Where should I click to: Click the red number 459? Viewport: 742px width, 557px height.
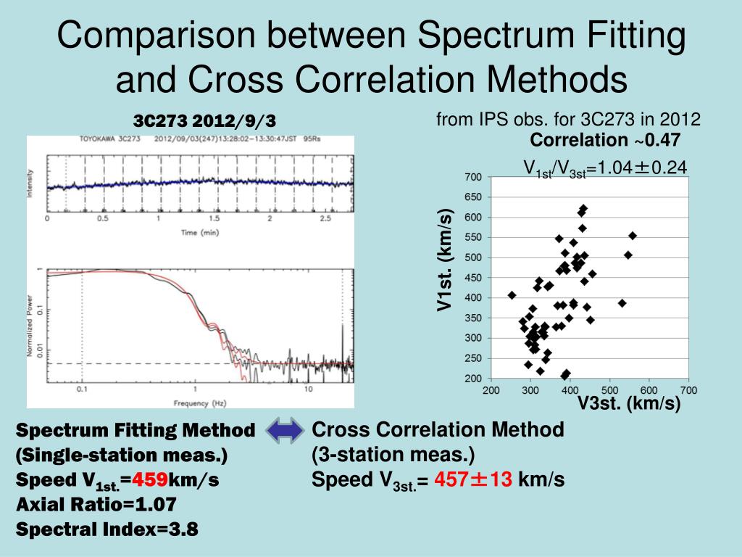(x=154, y=480)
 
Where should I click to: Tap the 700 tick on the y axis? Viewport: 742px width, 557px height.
(x=473, y=178)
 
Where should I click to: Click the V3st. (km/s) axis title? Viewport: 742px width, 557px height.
(x=628, y=404)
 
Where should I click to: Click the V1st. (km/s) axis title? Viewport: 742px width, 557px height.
(x=444, y=260)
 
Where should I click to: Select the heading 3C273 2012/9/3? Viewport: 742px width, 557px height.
(x=205, y=120)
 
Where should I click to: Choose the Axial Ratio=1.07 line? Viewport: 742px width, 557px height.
(x=96, y=505)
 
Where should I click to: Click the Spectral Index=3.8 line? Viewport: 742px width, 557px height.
(x=107, y=529)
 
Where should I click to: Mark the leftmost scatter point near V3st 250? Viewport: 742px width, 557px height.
(x=512, y=295)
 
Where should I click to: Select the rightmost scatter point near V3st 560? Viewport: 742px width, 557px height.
(x=632, y=236)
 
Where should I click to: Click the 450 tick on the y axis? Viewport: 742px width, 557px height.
(x=473, y=278)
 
